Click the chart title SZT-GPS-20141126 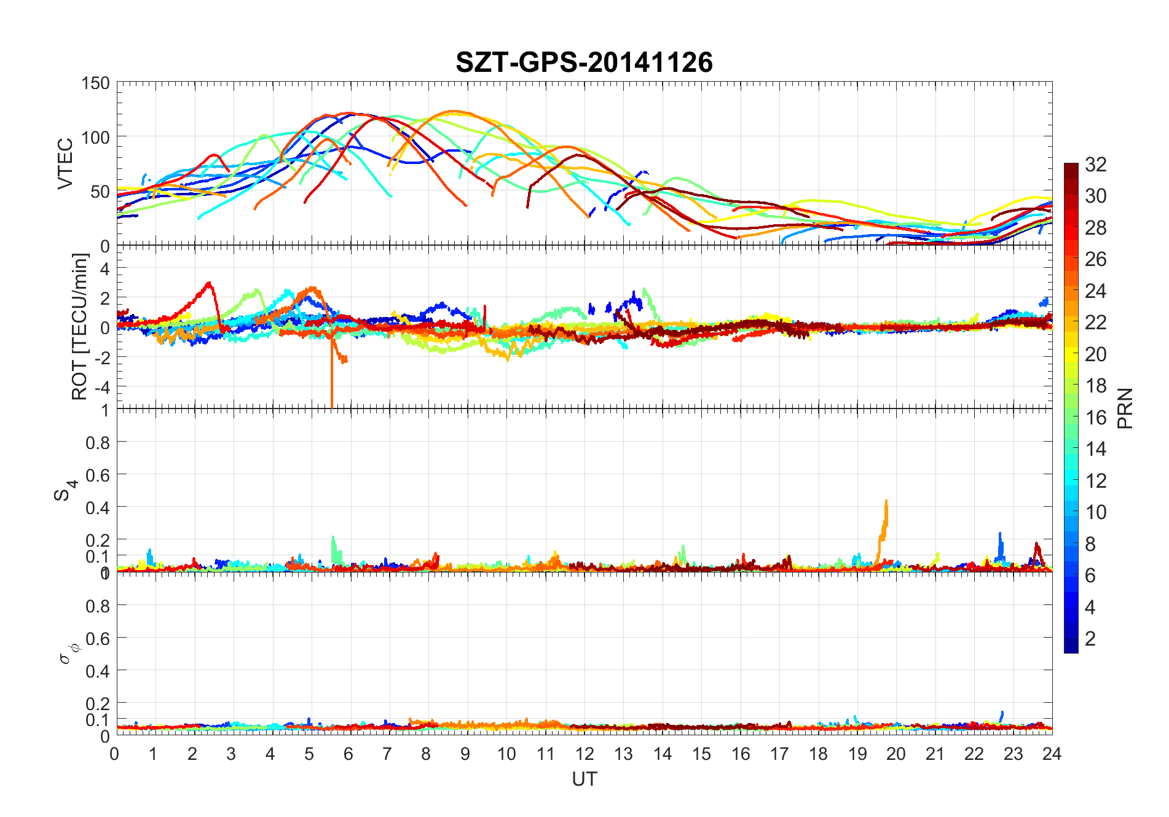point(584,63)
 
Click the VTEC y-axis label point(65,163)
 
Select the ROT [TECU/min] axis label point(79,326)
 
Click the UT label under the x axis point(584,779)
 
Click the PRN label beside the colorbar point(1125,408)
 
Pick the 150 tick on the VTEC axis point(95,83)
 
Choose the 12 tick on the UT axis point(584,754)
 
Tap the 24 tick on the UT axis point(1052,754)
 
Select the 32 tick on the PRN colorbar point(1095,165)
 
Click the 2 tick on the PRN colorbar point(1090,639)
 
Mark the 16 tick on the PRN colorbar point(1095,418)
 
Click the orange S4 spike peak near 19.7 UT point(886,501)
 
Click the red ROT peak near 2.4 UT point(210,283)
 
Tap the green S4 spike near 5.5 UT point(333,537)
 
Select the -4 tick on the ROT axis point(104,387)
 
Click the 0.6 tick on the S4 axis point(97,475)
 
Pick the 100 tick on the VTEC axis point(95,137)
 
